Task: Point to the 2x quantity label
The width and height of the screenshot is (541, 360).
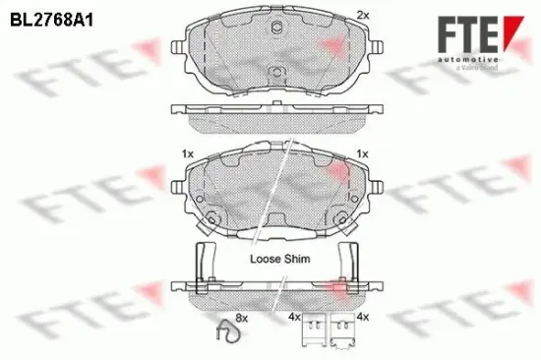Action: coord(362,16)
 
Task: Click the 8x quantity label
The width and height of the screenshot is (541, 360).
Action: coord(242,318)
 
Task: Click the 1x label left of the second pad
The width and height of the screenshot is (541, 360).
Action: coord(187,154)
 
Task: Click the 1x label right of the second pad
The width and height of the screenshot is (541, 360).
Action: coord(362,154)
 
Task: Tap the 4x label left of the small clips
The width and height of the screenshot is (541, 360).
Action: coord(293,318)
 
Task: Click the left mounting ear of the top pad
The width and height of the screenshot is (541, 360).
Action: coord(180,45)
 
